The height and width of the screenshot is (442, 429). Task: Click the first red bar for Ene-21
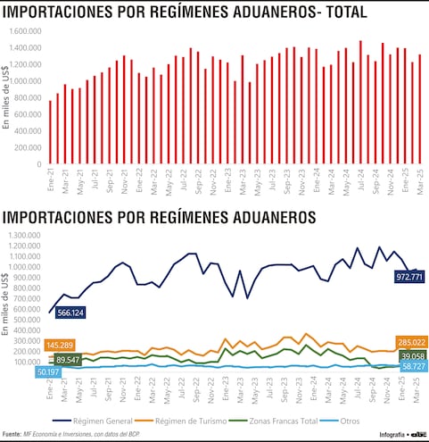(50, 132)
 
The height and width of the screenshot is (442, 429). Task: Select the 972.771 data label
(407, 278)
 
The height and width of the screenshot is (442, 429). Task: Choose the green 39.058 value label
(411, 355)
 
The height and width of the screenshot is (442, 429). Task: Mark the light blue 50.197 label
(52, 371)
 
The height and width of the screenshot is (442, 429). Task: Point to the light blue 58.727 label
(411, 367)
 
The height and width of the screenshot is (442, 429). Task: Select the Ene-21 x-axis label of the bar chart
(51, 179)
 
